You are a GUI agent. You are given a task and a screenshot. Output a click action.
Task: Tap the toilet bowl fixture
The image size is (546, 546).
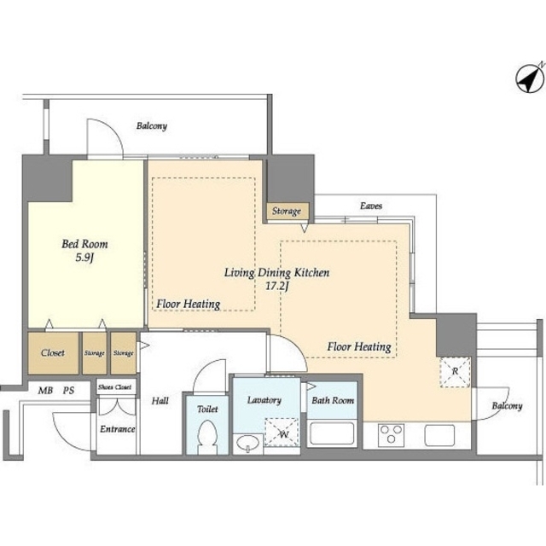[x=207, y=437]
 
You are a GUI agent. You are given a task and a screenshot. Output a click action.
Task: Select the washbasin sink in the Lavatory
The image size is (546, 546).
[x=247, y=444]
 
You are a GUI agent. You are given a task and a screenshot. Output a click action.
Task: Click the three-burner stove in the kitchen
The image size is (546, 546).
[x=391, y=435]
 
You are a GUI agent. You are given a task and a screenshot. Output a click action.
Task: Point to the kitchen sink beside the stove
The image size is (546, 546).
[x=439, y=435]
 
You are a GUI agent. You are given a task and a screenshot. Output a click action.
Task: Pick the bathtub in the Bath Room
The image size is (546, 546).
[x=332, y=433]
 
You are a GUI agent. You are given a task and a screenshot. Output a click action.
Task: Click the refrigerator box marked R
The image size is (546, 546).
[x=455, y=372]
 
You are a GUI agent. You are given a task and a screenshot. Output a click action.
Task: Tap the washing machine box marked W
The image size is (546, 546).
[x=282, y=433]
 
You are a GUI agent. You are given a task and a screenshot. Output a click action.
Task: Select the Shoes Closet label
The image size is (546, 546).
[x=115, y=387]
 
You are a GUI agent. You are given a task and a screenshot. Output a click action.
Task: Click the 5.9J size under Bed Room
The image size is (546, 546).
[x=85, y=258]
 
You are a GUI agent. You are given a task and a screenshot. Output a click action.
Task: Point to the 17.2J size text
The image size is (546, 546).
[x=277, y=287]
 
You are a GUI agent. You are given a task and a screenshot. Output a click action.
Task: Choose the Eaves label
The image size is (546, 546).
[x=371, y=206]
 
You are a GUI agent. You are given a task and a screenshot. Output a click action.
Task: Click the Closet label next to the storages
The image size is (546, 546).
[x=53, y=352]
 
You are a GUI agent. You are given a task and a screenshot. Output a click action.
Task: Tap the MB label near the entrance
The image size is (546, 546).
[x=45, y=391]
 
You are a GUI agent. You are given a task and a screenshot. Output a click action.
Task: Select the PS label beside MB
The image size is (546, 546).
[x=68, y=391]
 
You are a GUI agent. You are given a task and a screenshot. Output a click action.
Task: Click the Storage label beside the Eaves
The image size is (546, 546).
[x=287, y=211]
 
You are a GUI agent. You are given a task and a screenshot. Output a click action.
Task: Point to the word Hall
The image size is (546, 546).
[x=160, y=401]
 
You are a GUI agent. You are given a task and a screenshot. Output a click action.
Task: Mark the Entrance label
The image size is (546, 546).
[x=118, y=429]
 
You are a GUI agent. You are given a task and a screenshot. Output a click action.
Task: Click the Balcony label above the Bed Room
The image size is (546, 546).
[x=152, y=125]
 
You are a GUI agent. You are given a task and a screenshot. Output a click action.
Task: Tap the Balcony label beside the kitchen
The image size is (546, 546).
[x=507, y=406]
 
